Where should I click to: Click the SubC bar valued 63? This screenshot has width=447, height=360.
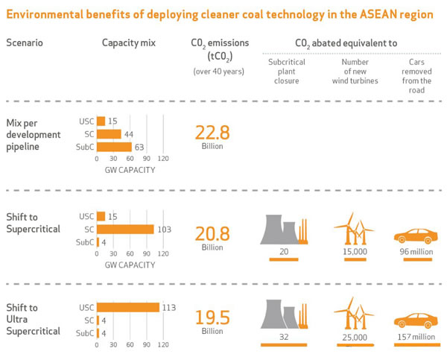click(114, 147)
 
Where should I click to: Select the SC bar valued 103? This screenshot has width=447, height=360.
click(124, 230)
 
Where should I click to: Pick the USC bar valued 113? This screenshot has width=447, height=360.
click(127, 307)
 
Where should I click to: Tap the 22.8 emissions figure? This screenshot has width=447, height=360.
click(212, 133)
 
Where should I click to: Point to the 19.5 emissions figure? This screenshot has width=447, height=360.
click(212, 317)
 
